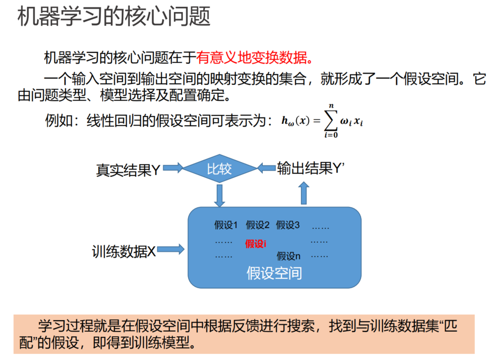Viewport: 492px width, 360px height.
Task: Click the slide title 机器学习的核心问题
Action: click(114, 17)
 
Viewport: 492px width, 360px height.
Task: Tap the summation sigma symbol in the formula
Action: click(331, 121)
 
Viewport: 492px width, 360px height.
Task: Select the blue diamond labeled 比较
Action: click(220, 168)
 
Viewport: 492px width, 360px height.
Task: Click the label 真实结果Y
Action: click(128, 170)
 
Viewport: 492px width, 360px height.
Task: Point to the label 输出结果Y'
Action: click(311, 168)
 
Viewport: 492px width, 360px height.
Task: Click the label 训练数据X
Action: click(123, 251)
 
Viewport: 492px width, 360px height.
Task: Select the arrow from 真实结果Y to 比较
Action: click(173, 168)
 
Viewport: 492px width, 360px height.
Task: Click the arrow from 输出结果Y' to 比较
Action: click(266, 168)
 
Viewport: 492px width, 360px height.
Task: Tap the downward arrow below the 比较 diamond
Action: click(220, 195)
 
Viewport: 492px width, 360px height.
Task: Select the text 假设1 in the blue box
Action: click(226, 225)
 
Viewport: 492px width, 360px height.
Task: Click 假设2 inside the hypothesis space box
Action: click(258, 225)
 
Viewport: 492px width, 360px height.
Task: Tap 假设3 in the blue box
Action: click(288, 225)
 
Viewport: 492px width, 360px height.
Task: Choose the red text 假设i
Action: click(256, 244)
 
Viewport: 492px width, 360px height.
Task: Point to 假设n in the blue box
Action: click(289, 256)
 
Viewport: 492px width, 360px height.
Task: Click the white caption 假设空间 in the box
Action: click(274, 273)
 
